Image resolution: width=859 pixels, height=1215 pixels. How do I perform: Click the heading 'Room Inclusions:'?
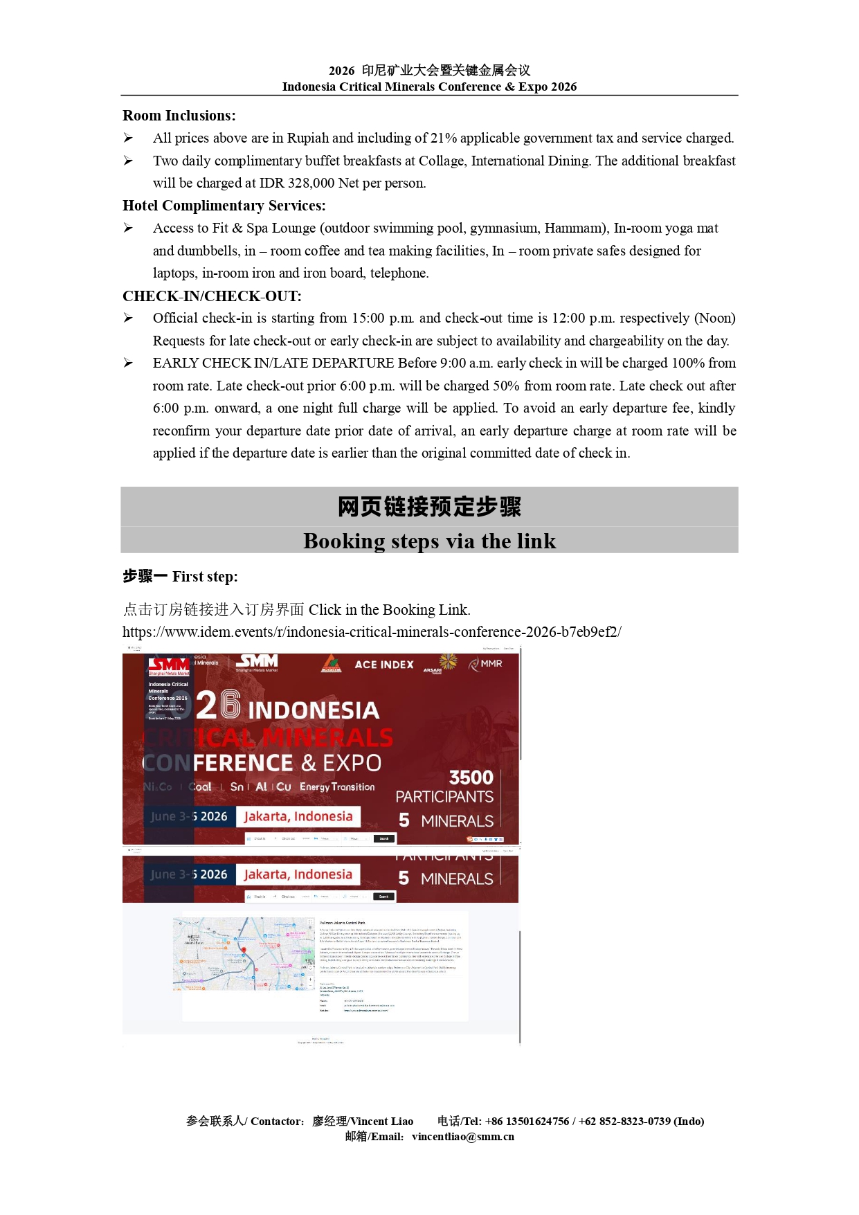click(179, 116)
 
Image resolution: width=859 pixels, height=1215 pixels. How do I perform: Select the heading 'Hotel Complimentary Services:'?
click(224, 206)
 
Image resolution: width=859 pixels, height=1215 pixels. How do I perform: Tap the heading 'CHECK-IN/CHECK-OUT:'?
click(212, 296)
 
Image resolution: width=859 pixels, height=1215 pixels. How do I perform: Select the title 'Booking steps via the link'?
click(429, 541)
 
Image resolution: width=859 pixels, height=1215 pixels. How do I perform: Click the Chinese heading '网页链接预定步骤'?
click(429, 507)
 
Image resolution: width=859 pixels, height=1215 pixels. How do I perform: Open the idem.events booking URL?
click(372, 632)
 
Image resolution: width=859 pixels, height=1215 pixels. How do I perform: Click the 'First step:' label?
click(205, 577)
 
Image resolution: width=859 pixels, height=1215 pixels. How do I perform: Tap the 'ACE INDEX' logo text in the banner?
click(384, 665)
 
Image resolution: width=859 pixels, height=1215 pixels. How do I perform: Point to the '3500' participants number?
click(471, 777)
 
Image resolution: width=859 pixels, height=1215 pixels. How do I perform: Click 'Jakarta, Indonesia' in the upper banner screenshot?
click(298, 817)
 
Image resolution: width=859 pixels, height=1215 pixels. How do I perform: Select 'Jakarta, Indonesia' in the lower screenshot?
click(298, 874)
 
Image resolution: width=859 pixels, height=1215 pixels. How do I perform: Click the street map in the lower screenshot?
click(242, 954)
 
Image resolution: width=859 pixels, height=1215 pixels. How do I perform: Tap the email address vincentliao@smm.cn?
click(462, 1136)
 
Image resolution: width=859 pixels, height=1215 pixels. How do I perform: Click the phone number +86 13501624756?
click(527, 1121)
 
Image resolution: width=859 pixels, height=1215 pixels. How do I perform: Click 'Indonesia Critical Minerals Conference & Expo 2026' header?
click(429, 87)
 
